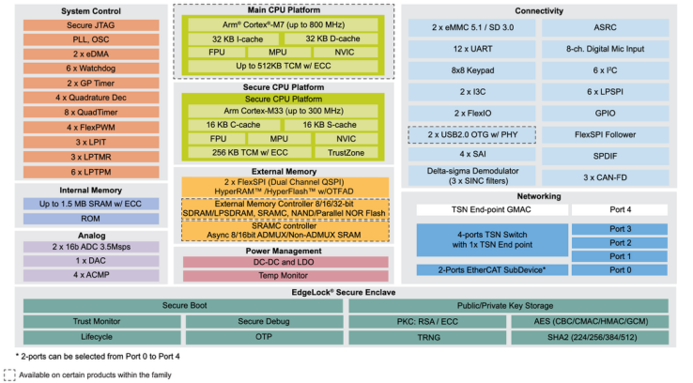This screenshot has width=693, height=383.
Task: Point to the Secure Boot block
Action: [183, 305]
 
